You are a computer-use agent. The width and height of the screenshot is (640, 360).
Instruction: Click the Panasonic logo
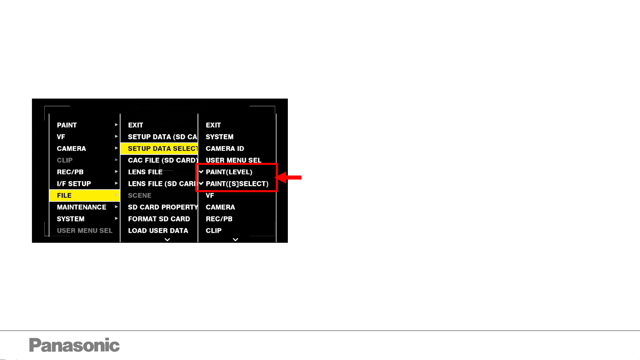point(74,345)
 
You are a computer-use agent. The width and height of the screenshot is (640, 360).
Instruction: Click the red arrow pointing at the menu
point(289,178)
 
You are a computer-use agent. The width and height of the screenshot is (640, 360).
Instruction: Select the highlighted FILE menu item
point(64,195)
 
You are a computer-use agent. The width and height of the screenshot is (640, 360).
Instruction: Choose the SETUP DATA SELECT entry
point(162,149)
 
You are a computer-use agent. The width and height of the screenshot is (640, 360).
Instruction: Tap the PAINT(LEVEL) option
point(229,172)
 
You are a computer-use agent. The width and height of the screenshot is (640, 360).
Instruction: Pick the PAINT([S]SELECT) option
point(237,184)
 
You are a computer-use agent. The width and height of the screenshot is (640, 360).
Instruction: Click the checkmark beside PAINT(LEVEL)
point(201,172)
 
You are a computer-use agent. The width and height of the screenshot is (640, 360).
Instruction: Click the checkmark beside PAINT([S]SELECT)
point(201,183)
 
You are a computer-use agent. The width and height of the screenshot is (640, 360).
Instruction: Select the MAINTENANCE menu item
point(82,207)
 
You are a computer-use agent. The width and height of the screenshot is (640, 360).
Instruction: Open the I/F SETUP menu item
point(74,184)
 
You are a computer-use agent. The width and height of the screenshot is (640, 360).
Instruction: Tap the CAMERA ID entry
point(225,149)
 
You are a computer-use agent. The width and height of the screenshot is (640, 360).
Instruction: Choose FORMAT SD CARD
point(159,219)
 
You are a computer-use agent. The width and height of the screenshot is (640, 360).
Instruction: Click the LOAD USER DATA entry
point(158,230)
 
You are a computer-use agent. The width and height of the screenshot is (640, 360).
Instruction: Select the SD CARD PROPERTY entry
point(163,207)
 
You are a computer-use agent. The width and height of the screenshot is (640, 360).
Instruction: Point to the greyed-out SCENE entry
point(140,195)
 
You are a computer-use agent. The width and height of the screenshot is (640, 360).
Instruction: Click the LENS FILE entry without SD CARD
point(145,172)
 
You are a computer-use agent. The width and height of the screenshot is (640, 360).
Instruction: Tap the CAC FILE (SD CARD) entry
point(163,160)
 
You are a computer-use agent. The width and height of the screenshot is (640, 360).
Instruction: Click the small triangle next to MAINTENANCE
point(116,207)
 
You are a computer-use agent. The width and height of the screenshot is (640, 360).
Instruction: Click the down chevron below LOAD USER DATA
point(167,239)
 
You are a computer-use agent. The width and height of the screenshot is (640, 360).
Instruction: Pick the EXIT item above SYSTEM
point(213,125)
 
